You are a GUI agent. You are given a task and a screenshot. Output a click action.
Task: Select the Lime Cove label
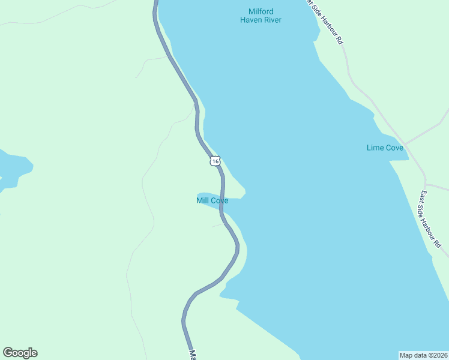point(385,148)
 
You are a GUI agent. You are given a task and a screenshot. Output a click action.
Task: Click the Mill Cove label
point(212,200)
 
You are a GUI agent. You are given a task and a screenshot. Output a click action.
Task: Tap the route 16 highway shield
point(215,161)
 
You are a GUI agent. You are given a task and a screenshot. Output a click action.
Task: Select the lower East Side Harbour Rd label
point(431,220)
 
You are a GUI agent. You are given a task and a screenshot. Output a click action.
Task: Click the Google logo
point(20,353)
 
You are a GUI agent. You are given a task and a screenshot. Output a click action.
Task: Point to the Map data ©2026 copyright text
point(424,355)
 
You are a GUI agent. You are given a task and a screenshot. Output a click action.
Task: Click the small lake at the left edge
point(12,168)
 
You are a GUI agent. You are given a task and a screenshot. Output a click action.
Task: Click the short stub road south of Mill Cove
point(218,226)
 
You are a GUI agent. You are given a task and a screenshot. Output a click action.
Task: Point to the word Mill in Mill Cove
point(202,200)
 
